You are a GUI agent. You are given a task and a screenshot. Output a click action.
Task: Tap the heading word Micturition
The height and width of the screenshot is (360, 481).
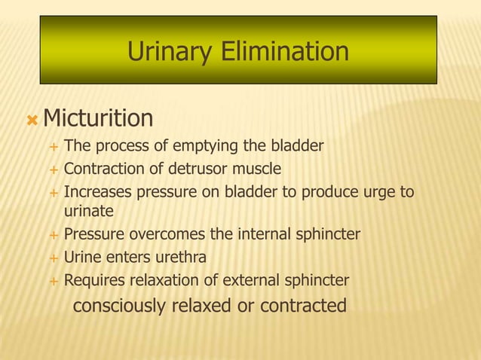(x=98, y=118)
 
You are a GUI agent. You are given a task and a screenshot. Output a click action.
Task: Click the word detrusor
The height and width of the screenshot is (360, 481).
(x=199, y=168)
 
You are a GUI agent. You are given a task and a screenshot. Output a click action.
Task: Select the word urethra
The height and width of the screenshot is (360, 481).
(x=182, y=258)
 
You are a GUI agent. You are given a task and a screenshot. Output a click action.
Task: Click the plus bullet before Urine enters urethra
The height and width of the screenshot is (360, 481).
(x=53, y=259)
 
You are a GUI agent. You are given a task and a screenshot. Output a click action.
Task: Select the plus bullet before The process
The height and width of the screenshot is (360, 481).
(x=53, y=146)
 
